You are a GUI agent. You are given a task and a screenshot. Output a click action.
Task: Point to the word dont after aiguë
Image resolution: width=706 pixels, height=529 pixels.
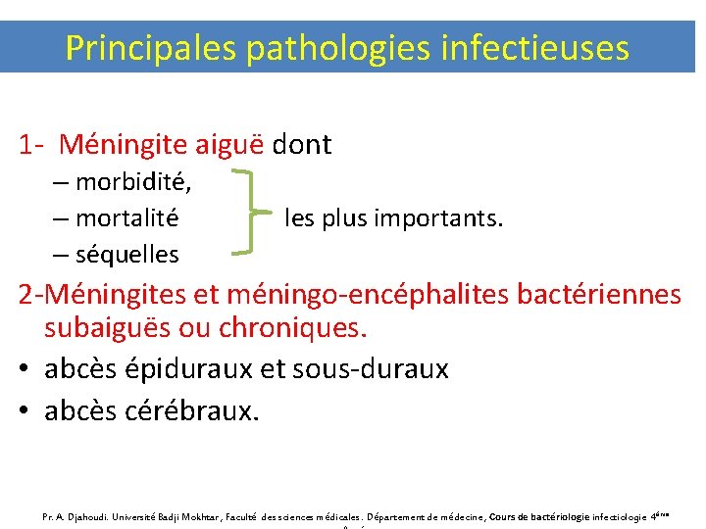click(302, 146)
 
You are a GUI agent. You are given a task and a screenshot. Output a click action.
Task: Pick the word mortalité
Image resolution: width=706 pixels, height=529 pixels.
click(126, 217)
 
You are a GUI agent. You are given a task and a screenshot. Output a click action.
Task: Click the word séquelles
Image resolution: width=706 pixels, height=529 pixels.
click(126, 255)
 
